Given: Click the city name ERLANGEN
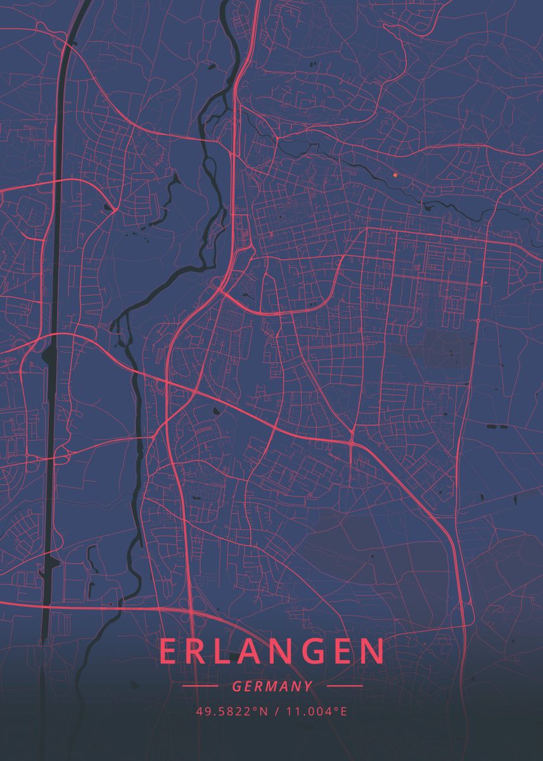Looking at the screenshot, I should [x=272, y=651].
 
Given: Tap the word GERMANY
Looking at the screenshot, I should [x=272, y=686].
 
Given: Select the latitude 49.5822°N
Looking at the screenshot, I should [x=232, y=712].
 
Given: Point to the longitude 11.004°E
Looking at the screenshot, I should [x=317, y=712].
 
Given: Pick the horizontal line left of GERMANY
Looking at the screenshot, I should [x=200, y=686].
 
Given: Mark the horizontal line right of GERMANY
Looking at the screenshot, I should [x=344, y=686].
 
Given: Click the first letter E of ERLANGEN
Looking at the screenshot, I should [x=169, y=651].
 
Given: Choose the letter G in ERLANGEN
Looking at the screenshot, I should [x=308, y=651].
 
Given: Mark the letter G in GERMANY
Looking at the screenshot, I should [x=236, y=686].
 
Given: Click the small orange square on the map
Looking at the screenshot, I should [x=394, y=174].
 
